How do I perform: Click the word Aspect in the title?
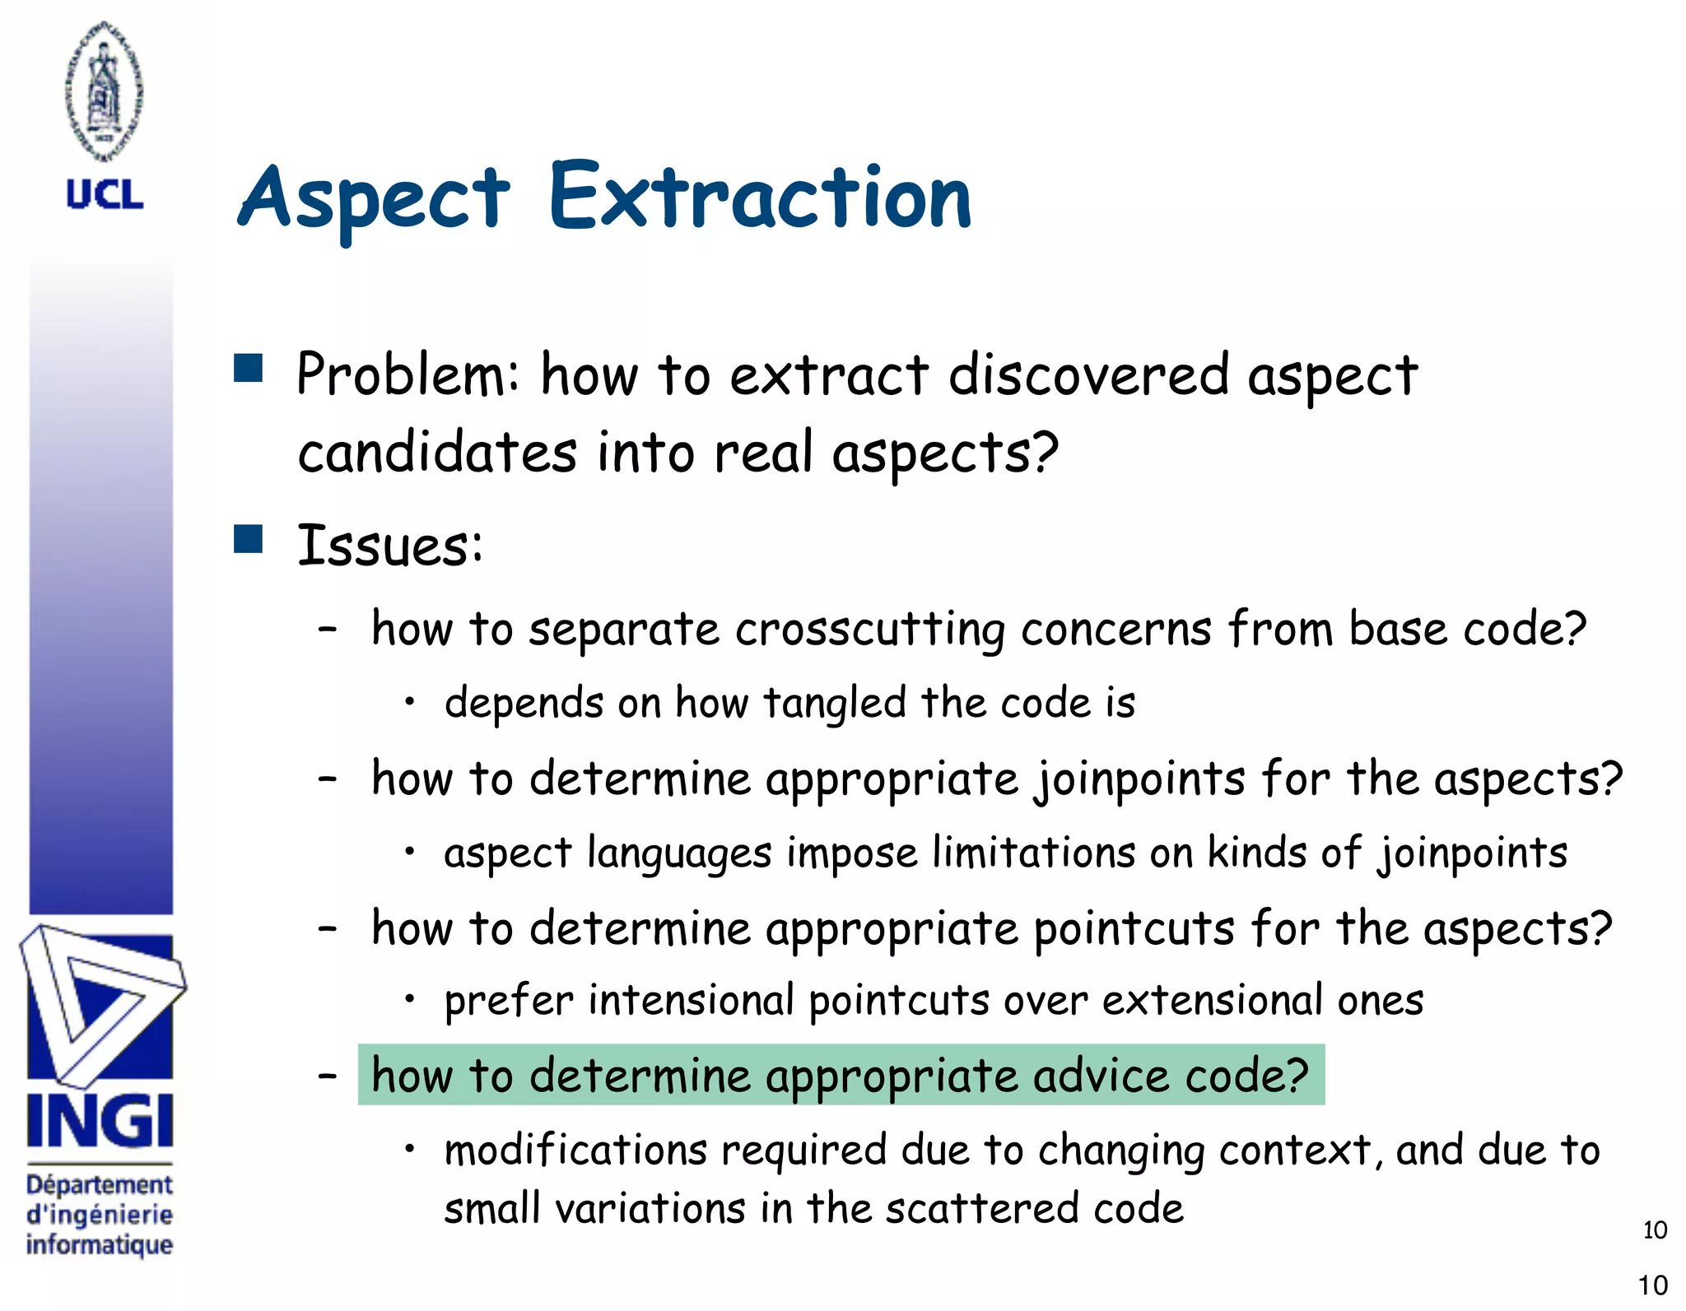tap(375, 202)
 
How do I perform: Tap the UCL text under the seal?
tap(105, 195)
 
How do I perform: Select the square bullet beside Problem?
tap(248, 369)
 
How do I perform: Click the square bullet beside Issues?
tap(248, 539)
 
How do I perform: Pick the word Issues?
tap(389, 546)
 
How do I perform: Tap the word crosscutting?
tap(869, 630)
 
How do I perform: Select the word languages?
tap(679, 853)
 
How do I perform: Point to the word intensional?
tap(691, 1002)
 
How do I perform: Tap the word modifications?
tap(575, 1151)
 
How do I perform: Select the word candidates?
tap(437, 453)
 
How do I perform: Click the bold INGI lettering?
tap(100, 1122)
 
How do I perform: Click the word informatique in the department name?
tap(99, 1244)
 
